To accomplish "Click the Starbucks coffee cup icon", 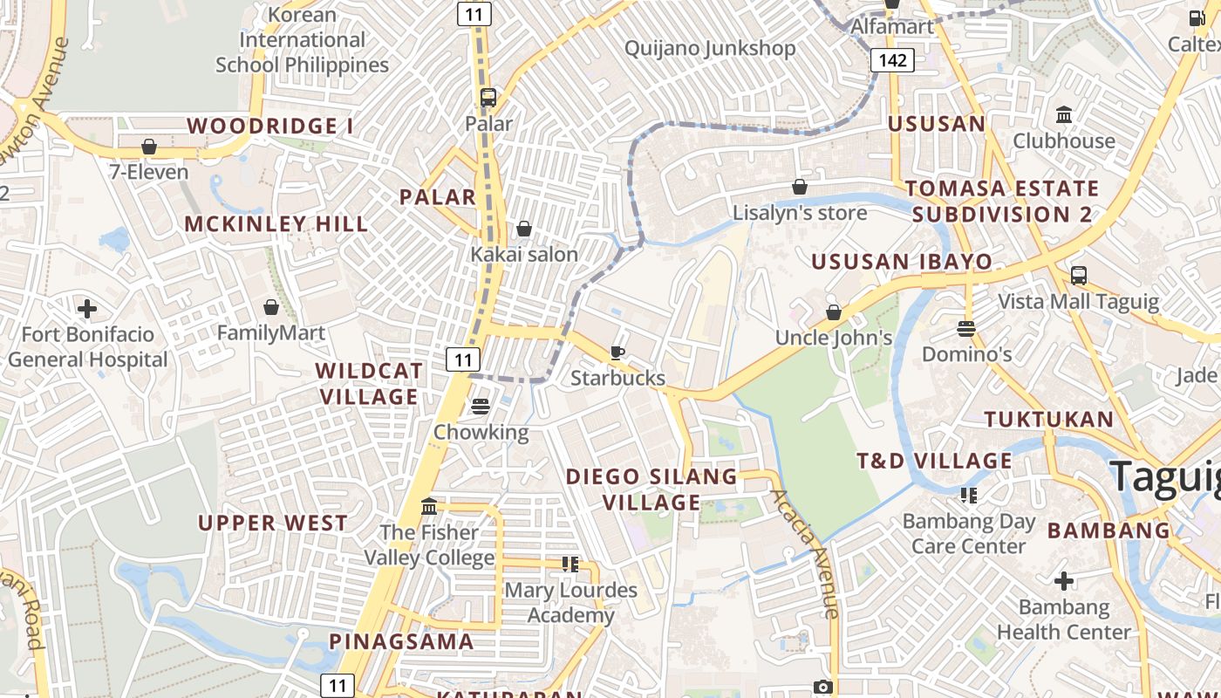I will coord(617,352).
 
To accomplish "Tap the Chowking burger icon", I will coord(481,407).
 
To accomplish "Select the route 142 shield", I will coord(892,60).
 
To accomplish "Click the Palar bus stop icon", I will coord(488,98).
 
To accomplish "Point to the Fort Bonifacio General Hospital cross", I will coord(87,309).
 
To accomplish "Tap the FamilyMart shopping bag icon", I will coord(271,307).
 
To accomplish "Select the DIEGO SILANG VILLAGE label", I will coord(651,489).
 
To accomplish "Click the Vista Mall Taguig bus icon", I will coord(1079,276).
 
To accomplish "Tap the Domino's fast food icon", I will coord(965,329).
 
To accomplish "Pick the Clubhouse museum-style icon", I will coord(1064,115).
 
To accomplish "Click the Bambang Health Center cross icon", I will coord(1064,581).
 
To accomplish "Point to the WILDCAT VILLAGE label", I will coord(369,384).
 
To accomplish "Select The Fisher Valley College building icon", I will coord(429,507).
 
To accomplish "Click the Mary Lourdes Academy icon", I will coord(570,565).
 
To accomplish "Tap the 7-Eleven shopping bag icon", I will coord(149,147).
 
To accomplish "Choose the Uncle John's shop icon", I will coord(834,311).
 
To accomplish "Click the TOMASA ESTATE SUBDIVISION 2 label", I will coord(1002,202).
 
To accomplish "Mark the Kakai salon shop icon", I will coord(524,229).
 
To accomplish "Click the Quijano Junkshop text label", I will coord(710,48).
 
